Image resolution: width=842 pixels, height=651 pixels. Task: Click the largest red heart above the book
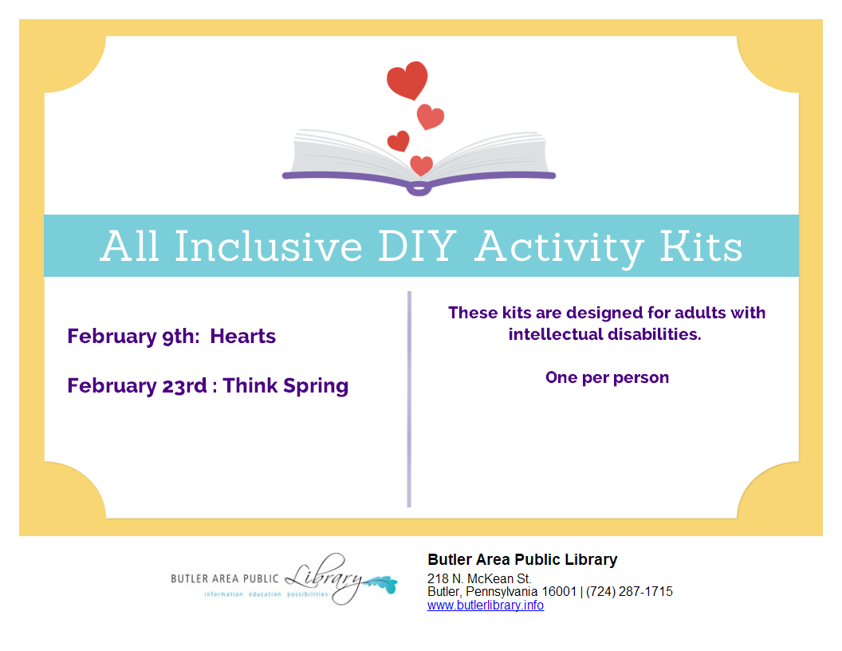[407, 80]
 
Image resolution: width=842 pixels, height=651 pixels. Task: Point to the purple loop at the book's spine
[419, 188]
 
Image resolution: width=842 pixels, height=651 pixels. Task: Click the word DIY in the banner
[417, 247]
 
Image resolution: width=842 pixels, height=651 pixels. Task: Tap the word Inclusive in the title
[269, 247]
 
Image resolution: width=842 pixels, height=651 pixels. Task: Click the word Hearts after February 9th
[242, 336]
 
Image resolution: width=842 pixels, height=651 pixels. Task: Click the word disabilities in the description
[654, 334]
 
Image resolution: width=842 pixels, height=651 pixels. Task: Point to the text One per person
[608, 377]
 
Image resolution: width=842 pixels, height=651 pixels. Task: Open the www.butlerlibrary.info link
[486, 606]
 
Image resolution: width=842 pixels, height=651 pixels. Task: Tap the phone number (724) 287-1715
[629, 591]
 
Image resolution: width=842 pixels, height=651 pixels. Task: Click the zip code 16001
[559, 591]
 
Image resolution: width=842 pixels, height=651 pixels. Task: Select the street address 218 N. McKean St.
[479, 578]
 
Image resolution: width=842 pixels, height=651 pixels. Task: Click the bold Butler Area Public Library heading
[522, 560]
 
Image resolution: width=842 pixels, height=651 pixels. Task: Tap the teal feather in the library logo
[380, 584]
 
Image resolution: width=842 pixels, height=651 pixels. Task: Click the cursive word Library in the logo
[324, 578]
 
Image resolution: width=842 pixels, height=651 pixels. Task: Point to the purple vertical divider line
[409, 399]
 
